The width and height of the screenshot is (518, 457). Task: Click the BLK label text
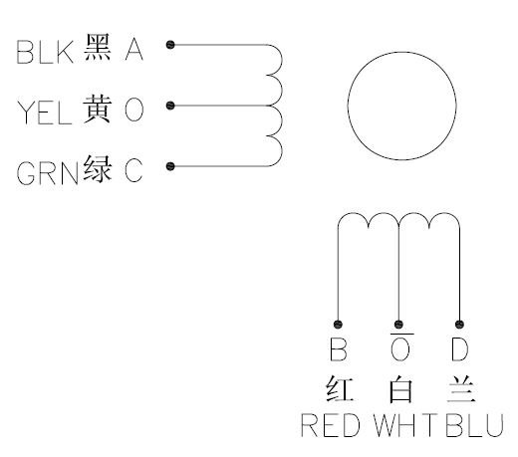pos(45,52)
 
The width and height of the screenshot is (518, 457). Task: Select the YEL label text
pos(45,113)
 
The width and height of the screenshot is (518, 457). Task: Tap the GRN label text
pos(48,173)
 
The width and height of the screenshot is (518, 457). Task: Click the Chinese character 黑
pos(97,47)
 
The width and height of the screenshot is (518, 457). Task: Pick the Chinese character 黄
pos(97,109)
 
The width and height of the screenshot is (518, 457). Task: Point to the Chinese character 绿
pos(98,168)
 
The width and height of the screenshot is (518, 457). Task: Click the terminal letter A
pos(134,49)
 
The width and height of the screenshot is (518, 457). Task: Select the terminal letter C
pos(133,170)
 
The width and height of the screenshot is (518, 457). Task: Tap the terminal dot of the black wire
pos(170,45)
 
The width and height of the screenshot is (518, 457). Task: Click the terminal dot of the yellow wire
pos(170,106)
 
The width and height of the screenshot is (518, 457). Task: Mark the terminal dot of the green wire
pos(170,166)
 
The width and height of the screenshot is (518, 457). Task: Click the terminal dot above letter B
pos(338,324)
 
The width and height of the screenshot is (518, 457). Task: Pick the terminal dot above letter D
pos(459,324)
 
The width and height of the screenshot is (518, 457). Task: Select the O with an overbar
pos(399,347)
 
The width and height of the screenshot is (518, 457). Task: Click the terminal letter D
pos(460,349)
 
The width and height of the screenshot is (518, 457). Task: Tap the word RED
pos(331,425)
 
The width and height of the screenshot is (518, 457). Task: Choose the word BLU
pos(475,425)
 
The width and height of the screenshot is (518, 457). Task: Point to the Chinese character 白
pos(400,388)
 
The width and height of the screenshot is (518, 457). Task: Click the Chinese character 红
pos(340,388)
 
